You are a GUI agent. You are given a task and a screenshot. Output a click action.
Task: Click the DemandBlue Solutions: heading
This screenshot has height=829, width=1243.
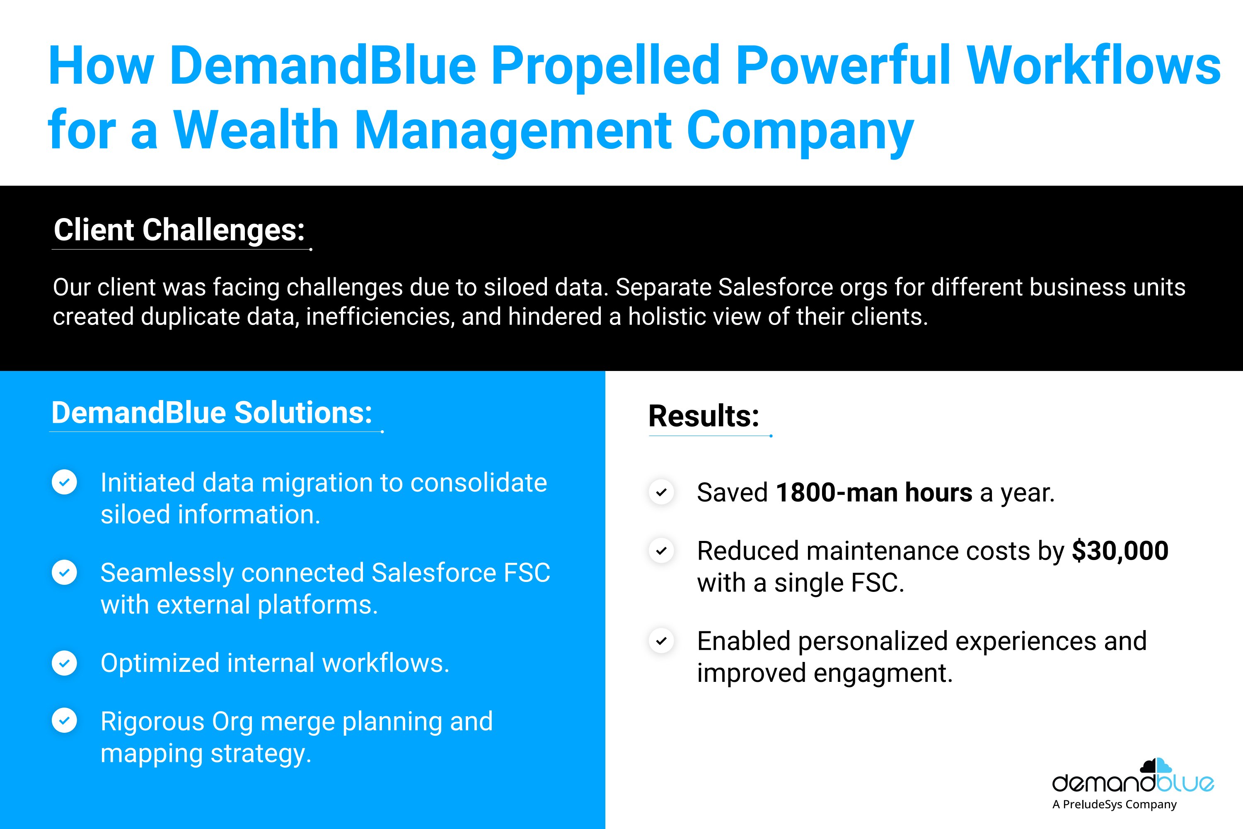[x=212, y=412]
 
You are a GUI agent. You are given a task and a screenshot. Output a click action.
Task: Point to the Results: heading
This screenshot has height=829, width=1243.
[x=704, y=416]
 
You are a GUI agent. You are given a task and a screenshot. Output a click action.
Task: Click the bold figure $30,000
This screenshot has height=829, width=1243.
[x=1120, y=551]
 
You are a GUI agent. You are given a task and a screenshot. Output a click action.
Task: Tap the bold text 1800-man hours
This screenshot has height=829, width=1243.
[x=874, y=492]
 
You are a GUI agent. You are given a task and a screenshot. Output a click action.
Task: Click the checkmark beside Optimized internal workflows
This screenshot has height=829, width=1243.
[x=65, y=663]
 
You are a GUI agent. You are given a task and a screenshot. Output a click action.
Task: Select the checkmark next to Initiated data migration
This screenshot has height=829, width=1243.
[x=65, y=482]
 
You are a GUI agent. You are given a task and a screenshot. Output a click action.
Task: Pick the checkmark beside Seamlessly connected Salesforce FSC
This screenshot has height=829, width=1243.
[x=65, y=572]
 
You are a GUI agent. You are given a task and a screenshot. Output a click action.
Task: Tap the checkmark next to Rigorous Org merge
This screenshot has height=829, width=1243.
[x=65, y=721]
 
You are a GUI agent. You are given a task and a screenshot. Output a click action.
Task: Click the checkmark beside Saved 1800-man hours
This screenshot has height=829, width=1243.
[x=661, y=492]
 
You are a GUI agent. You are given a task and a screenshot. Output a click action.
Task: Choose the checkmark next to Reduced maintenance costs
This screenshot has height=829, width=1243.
[x=661, y=551]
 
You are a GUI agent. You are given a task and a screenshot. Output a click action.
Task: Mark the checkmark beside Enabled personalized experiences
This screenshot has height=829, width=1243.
[x=661, y=641]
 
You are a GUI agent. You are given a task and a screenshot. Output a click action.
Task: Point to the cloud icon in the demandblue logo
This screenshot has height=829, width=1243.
[x=1156, y=766]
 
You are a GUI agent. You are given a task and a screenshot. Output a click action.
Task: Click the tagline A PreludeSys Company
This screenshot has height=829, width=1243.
[x=1115, y=805]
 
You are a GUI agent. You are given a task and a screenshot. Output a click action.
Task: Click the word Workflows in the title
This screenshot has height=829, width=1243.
[x=1093, y=66]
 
